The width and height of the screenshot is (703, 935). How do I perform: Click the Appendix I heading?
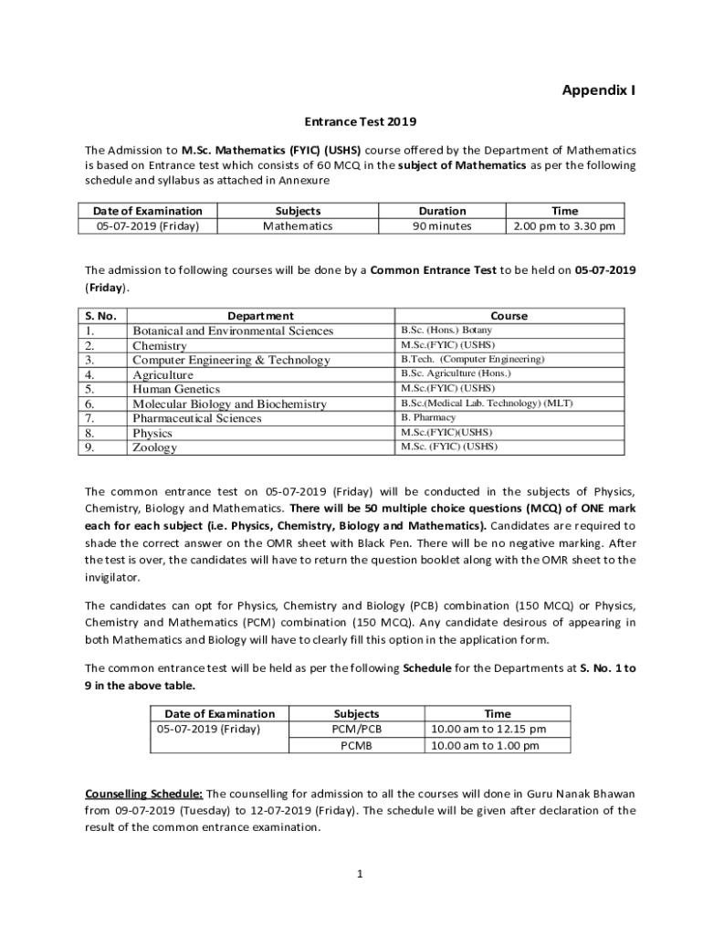pyautogui.click(x=598, y=90)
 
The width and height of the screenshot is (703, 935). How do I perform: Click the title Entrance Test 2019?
pyautogui.click(x=352, y=121)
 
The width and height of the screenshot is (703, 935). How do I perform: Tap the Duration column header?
pyautogui.click(x=442, y=211)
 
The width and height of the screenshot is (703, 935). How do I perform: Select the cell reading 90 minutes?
pyautogui.click(x=442, y=226)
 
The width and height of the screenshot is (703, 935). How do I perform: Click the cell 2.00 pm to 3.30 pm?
pyautogui.click(x=564, y=226)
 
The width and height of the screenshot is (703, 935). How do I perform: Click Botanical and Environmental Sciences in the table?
pyautogui.click(x=233, y=331)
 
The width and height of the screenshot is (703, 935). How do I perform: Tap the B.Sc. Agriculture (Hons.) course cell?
pyautogui.click(x=456, y=373)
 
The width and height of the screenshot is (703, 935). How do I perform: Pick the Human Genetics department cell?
pyautogui.click(x=176, y=389)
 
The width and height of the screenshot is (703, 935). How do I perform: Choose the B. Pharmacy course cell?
pyautogui.click(x=428, y=417)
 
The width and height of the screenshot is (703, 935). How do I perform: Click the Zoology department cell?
pyautogui.click(x=155, y=447)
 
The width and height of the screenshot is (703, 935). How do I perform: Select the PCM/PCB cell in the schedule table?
pyautogui.click(x=357, y=729)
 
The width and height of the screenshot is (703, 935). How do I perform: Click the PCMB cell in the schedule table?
pyautogui.click(x=357, y=745)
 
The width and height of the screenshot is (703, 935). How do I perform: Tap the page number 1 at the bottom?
pyautogui.click(x=360, y=875)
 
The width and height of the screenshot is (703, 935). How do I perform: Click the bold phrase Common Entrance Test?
pyautogui.click(x=434, y=271)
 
